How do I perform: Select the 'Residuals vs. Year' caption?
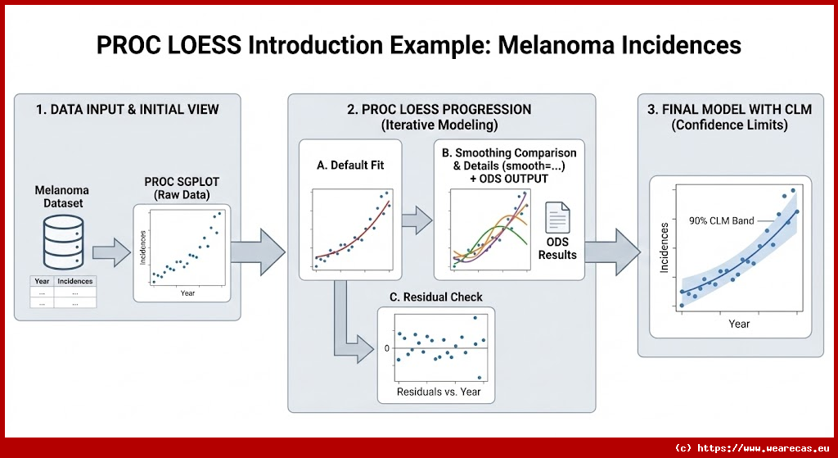pyautogui.click(x=438, y=392)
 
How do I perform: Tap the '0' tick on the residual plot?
pyautogui.click(x=387, y=348)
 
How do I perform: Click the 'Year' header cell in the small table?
pyautogui.click(x=42, y=281)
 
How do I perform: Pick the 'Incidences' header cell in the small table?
pyautogui.click(x=75, y=281)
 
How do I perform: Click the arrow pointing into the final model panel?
pyautogui.click(x=613, y=245)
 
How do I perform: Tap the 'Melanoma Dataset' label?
pyautogui.click(x=61, y=196)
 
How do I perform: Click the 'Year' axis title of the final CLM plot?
pyautogui.click(x=738, y=324)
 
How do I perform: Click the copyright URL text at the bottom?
pyautogui.click(x=751, y=448)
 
